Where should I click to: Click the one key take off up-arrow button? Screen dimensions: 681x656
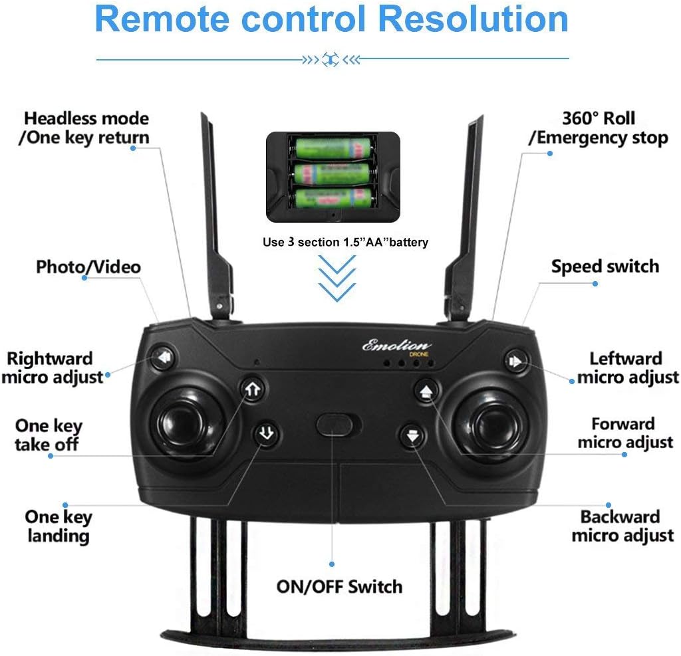pyautogui.click(x=252, y=389)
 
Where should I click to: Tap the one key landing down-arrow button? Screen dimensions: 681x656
pyautogui.click(x=266, y=434)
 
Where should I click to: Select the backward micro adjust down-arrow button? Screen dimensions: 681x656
pyautogui.click(x=412, y=436)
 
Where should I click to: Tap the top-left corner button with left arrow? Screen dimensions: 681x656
pyautogui.click(x=163, y=360)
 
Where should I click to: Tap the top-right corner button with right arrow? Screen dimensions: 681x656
pyautogui.click(x=515, y=361)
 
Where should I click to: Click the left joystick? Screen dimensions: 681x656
pyautogui.click(x=182, y=424)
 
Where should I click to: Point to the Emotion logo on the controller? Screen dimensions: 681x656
pyautogui.click(x=397, y=346)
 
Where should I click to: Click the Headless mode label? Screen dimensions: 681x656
pyautogui.click(x=86, y=119)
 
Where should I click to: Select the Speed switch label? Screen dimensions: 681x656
pyautogui.click(x=605, y=267)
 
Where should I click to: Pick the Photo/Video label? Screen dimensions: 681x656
pyautogui.click(x=88, y=267)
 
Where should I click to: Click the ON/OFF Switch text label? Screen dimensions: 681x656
pyautogui.click(x=339, y=587)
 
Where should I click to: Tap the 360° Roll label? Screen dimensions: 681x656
pyautogui.click(x=599, y=119)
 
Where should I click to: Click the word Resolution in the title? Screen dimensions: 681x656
pyautogui.click(x=477, y=19)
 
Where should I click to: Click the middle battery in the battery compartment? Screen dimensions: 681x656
pyautogui.click(x=333, y=173)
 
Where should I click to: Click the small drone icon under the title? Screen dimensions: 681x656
pyautogui.click(x=331, y=59)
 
